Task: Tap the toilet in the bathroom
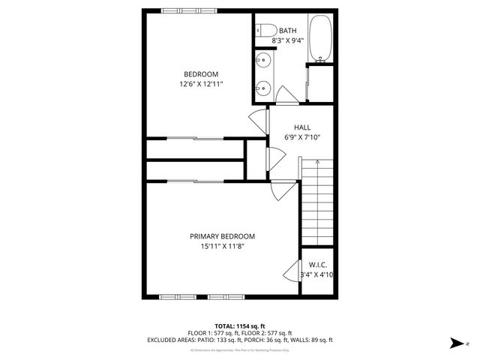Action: (262, 31)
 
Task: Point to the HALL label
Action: (302, 127)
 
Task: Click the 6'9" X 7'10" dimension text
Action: (302, 137)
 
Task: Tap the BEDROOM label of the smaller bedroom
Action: (201, 74)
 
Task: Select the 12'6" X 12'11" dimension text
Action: (201, 84)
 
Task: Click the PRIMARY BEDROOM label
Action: (222, 236)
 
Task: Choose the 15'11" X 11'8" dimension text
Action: (222, 246)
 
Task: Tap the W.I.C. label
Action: (317, 265)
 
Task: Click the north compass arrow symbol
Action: (456, 343)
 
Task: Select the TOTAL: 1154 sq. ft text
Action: (240, 325)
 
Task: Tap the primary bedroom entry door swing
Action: (278, 190)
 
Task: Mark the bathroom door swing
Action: (287, 96)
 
